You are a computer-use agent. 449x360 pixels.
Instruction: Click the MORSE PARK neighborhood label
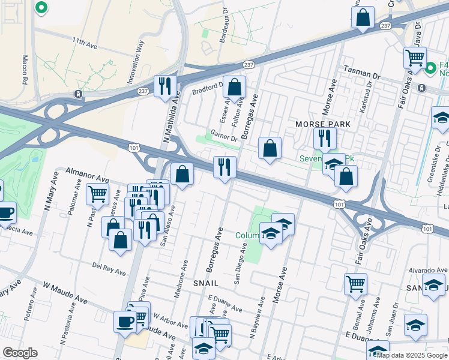click(322, 124)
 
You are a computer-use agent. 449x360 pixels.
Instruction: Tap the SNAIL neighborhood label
click(205, 282)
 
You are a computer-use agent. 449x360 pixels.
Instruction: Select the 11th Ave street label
click(85, 43)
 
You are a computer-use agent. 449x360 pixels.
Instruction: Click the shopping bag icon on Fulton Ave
click(234, 87)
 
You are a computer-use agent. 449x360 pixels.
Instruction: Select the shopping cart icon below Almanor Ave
click(97, 193)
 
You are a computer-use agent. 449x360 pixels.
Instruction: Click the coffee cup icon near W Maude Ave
click(125, 321)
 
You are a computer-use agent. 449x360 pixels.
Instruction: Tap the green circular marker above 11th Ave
click(41, 8)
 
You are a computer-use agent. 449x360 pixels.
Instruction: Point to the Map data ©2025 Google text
click(412, 355)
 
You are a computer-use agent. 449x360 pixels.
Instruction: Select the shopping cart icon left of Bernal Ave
click(355, 283)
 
